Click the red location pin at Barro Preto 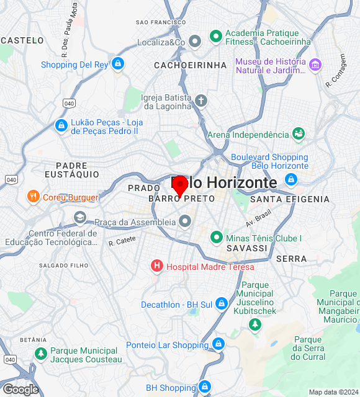point(180,185)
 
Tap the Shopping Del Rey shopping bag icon point(118,64)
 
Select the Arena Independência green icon point(299,134)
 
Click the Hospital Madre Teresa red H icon point(157,266)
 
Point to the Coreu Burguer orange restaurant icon point(34,197)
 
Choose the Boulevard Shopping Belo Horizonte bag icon point(290,180)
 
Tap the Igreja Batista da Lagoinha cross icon point(200,100)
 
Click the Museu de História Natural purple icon point(315,65)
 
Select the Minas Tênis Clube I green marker point(216,237)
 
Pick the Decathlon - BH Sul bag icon point(222,304)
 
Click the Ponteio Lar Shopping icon point(218,344)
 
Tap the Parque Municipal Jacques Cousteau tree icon point(41,354)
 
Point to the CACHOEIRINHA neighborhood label point(182,65)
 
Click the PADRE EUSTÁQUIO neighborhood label point(77,170)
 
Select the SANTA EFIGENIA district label point(290,199)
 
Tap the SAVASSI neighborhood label point(247,248)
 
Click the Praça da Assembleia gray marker point(185,221)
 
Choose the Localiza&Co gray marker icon point(195,42)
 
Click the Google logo point(20,390)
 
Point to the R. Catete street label point(122,241)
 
